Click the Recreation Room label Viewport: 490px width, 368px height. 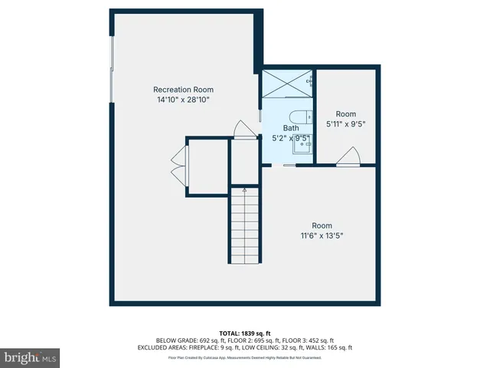(183, 89)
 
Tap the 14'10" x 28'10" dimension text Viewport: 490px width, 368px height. (183, 100)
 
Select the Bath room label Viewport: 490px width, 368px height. (291, 128)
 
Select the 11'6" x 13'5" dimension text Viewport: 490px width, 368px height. (322, 235)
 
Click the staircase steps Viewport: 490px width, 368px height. (244, 230)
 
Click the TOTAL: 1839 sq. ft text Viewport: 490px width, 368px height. (245, 333)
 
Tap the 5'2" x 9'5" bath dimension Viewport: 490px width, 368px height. (291, 139)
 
